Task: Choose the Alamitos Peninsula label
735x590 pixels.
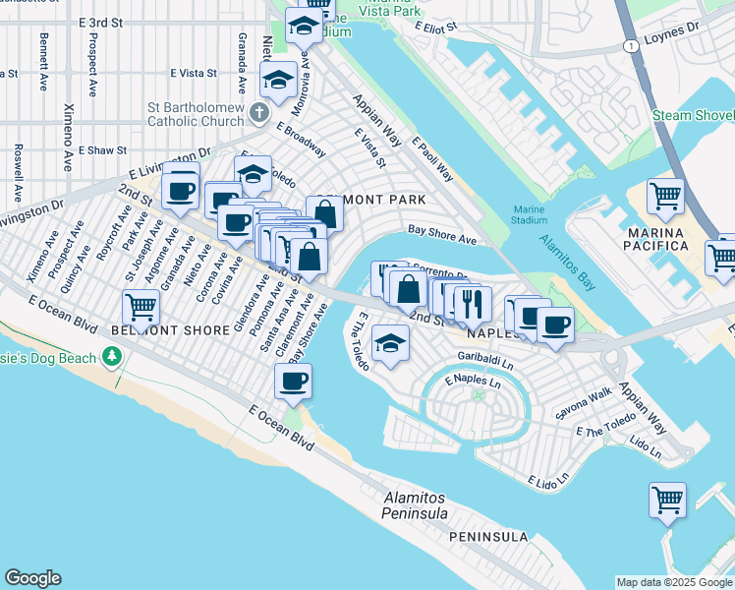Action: [x=416, y=506]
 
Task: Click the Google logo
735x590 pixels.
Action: [x=32, y=578]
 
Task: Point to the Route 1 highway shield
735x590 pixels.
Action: [x=626, y=45]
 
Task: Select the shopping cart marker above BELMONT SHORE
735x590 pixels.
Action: [x=141, y=307]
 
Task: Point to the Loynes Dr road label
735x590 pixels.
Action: [x=672, y=35]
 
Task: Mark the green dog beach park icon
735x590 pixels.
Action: [x=115, y=380]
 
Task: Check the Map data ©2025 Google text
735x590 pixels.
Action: [x=674, y=582]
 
